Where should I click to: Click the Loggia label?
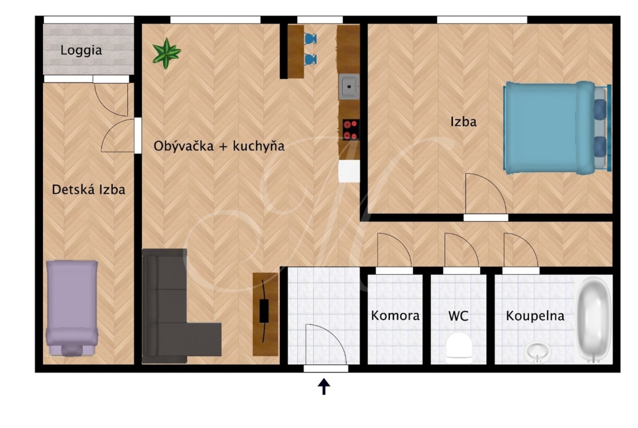pos(81,51)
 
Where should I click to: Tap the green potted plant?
pos(166,53)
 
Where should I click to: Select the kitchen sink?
pos(348,87)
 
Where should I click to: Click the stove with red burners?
pos(350,130)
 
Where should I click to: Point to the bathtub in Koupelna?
pos(594,319)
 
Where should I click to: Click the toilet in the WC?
pos(459,348)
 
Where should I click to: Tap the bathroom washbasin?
pos(538,352)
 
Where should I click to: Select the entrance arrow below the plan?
pos(324,387)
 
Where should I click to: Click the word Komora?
pos(395,316)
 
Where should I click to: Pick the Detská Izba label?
pos(89,190)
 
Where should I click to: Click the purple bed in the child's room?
pos(72,309)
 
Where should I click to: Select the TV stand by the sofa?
pos(265,314)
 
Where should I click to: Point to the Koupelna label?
pos(535,316)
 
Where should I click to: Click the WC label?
pos(458,316)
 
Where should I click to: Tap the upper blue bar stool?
pos(310,39)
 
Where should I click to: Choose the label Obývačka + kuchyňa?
pos(219,146)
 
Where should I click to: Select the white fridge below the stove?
pos(349,171)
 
